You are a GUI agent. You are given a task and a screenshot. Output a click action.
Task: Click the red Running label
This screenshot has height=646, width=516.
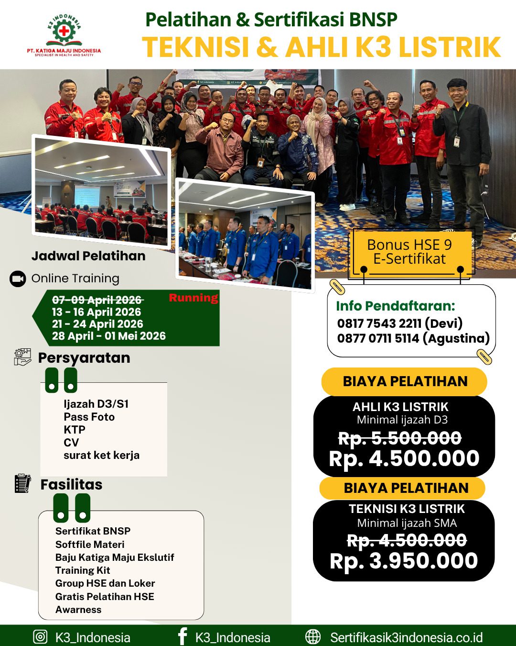[193, 298]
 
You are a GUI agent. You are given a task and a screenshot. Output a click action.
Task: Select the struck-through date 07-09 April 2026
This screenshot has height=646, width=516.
[97, 300]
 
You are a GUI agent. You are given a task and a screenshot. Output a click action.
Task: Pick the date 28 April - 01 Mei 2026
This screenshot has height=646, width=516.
[109, 336]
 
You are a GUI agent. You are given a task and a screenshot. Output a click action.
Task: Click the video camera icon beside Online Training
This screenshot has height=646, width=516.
[18, 278]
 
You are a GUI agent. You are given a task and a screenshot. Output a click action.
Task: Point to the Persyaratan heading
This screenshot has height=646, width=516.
[84, 358]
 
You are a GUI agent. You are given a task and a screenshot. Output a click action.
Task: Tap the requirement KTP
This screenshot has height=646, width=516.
[75, 430]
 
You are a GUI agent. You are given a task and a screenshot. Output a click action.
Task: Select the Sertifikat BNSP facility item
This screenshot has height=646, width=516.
[93, 531]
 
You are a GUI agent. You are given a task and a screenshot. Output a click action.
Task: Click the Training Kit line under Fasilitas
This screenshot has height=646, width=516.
[83, 570]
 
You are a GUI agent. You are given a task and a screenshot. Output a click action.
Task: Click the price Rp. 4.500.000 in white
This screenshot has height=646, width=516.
[404, 458]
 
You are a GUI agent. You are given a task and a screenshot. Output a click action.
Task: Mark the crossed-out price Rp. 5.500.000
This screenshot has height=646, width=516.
[400, 438]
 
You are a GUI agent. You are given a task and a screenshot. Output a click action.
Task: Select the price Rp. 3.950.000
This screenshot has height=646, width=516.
[404, 561]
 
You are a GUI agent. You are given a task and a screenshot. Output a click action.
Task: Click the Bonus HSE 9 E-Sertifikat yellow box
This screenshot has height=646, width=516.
[409, 252]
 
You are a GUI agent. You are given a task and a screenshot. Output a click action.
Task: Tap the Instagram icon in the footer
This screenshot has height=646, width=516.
[40, 637]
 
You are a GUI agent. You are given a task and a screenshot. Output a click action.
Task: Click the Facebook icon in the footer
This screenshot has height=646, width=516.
[182, 637]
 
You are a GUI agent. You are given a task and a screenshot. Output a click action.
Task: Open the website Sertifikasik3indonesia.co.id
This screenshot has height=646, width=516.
[406, 637]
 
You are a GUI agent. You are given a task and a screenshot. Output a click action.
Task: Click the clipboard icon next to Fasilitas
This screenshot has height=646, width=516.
[22, 483]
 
